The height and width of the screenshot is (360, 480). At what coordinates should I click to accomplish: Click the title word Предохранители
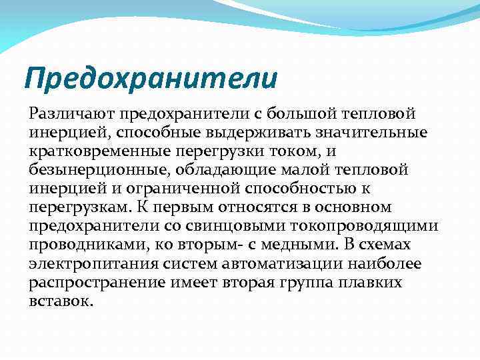(x=150, y=78)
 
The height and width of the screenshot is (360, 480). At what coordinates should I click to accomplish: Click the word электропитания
(x=89, y=265)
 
